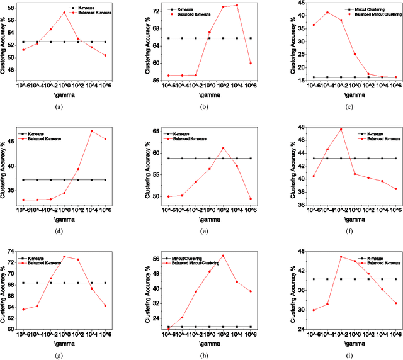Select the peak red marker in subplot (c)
[x=327, y=13]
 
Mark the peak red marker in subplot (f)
[x=341, y=130]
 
